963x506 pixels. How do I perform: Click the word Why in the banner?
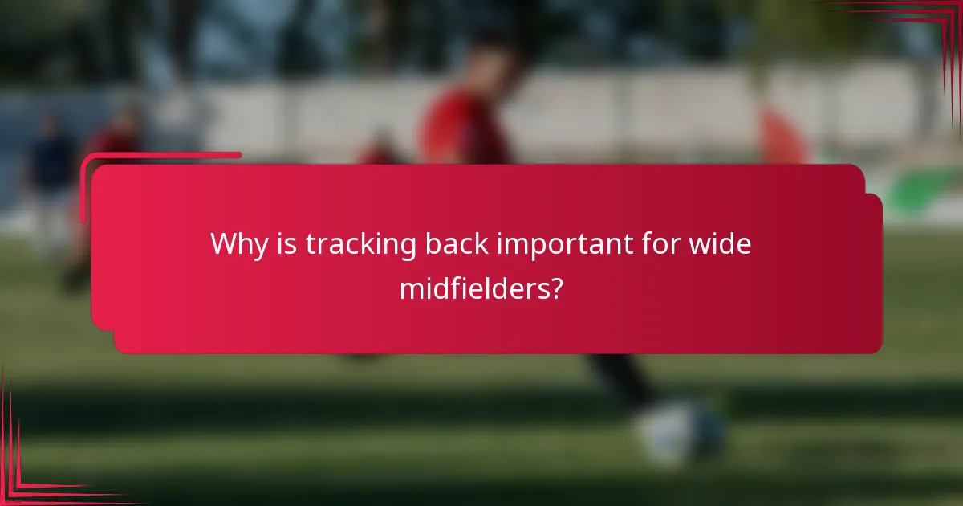tap(238, 243)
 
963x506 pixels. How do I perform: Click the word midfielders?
tap(469, 288)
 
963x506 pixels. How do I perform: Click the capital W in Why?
tap(225, 243)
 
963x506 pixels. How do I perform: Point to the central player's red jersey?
tap(461, 129)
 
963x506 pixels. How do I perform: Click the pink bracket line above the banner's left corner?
tap(160, 155)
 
